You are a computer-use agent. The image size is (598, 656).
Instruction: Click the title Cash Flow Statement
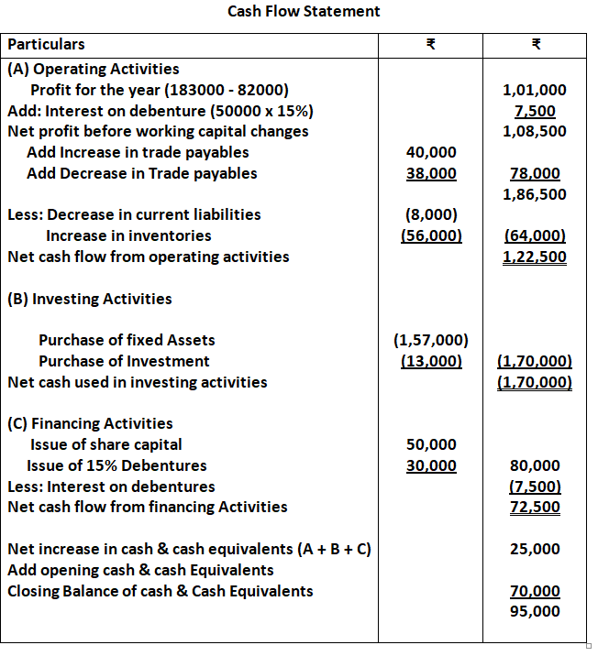304,11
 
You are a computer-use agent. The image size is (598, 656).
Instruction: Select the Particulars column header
46,44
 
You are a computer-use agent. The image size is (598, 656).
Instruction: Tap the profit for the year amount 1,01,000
535,90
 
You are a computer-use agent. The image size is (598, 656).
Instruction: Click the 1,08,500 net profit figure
535,131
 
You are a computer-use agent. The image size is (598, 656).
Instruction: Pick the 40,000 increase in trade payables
431,152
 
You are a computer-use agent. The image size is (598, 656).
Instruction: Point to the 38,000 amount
431,173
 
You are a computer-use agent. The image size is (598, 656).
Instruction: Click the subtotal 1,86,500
535,194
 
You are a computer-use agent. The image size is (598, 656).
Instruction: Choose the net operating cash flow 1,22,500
535,257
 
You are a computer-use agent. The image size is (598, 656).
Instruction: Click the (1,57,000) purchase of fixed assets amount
431,340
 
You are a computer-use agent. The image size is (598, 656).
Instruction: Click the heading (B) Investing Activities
89,299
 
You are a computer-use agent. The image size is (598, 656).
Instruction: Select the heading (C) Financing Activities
90,423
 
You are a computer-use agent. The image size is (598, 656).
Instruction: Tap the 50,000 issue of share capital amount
431,444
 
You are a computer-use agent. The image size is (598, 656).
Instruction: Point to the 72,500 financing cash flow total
535,507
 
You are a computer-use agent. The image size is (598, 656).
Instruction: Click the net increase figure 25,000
535,549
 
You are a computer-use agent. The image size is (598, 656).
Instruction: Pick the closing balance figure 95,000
535,611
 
